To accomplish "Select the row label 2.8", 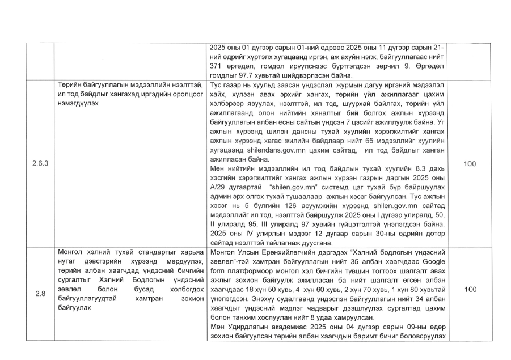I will (x=41, y=293).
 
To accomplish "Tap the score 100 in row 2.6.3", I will (x=470, y=163).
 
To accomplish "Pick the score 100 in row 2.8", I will (x=470, y=289).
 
